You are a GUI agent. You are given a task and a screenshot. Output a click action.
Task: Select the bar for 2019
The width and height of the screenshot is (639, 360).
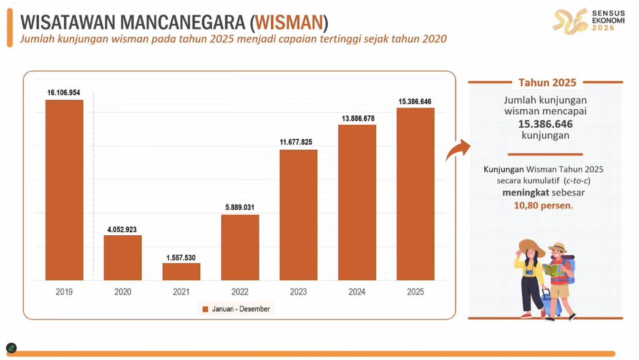(64, 190)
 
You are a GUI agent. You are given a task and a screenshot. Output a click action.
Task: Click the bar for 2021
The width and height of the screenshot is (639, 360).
(181, 271)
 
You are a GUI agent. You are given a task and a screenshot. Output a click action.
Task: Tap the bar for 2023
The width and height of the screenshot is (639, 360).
(298, 215)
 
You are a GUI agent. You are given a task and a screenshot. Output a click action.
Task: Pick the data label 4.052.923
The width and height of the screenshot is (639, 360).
(122, 230)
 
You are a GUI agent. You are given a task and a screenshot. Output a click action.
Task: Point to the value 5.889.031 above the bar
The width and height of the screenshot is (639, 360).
(240, 208)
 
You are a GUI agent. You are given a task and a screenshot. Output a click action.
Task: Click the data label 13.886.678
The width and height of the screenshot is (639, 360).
(357, 119)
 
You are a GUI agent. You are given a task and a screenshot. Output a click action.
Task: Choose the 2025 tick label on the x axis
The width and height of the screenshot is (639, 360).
(415, 291)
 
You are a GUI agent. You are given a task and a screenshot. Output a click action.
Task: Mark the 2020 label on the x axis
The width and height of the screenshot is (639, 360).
(122, 291)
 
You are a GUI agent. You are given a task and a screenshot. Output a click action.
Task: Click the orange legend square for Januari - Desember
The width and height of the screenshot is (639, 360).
(204, 309)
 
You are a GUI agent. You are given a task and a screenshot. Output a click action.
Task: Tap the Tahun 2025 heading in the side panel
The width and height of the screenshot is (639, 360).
(547, 82)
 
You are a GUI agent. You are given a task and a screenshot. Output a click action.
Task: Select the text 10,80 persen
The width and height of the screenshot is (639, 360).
(543, 205)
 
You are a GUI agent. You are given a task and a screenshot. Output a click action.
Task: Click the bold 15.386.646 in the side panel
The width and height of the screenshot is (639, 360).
(545, 124)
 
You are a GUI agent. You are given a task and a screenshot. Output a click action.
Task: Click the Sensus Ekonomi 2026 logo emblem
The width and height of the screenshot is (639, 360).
(570, 20)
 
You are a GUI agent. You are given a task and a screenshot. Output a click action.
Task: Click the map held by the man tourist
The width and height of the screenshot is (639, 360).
(553, 270)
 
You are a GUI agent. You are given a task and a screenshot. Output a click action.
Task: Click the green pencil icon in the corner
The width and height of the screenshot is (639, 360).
(11, 348)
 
